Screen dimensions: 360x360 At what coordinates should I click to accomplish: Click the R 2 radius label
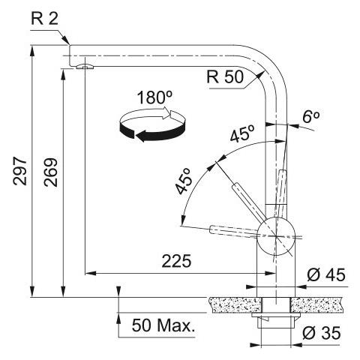point(44,19)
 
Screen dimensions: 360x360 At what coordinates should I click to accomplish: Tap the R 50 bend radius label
point(225,76)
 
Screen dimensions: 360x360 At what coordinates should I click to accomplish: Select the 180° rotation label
point(155,97)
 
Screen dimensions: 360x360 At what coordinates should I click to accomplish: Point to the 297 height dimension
point(19,171)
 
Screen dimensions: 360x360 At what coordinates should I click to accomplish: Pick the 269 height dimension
point(51,172)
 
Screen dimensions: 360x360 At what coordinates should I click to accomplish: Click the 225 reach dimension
point(176,261)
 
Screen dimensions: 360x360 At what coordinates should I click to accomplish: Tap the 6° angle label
point(311,116)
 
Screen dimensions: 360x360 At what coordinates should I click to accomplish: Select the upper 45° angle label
point(242,133)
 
